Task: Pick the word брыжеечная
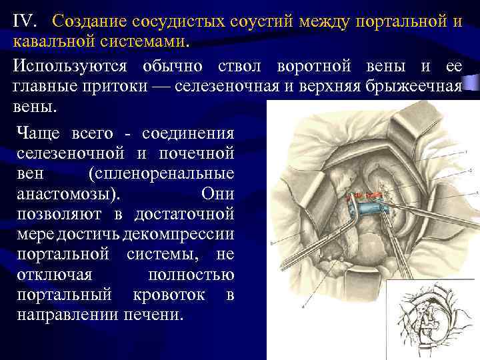418,88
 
